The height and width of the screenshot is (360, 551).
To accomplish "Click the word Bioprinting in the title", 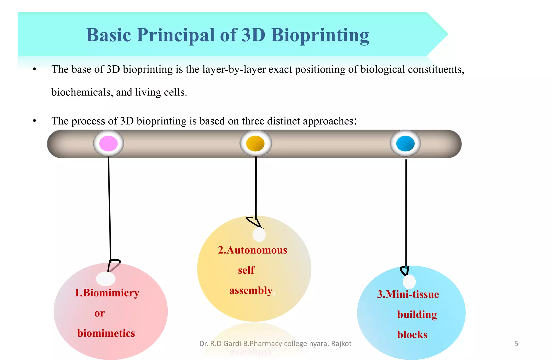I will point(320,35).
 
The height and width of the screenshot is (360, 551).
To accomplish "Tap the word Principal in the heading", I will point(176,35).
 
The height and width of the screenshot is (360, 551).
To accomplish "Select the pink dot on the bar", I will point(108,143).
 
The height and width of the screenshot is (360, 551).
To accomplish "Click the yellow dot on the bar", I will point(256,143).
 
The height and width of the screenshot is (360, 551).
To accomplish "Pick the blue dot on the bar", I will point(405,143).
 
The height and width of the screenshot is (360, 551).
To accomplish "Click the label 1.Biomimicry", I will point(107,293).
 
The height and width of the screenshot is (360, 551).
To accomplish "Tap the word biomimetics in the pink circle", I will point(106,333).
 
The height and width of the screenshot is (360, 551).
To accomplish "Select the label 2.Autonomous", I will point(252,250).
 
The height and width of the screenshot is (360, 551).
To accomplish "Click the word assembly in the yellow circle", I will point(251,291).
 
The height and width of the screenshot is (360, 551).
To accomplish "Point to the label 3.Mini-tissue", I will point(408,294).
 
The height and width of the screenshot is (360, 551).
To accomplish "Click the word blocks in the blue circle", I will point(412,335).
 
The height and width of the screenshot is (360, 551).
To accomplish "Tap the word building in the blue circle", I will point(417,315).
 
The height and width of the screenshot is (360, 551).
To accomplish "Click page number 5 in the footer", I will point(516,344).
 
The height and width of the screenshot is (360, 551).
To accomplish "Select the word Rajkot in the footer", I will point(341,344).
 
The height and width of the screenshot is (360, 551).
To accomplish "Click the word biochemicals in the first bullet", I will point(80,92).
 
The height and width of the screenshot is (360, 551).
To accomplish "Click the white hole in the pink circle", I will point(106,279).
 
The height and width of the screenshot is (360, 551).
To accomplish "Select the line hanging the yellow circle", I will point(256,188).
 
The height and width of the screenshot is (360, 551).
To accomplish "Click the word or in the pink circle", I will point(100,313).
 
